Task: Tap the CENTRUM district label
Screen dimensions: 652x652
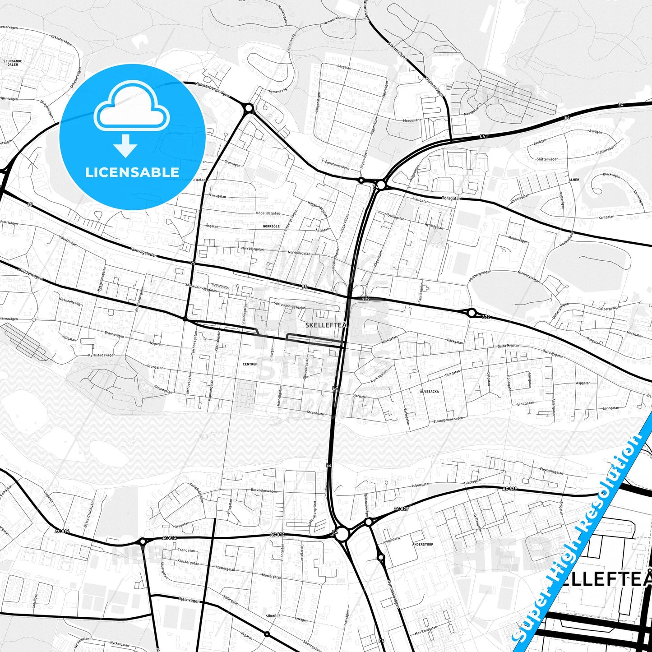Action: pyautogui.click(x=250, y=364)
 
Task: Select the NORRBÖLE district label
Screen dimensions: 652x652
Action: pyautogui.click(x=271, y=226)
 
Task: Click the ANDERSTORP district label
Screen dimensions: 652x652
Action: pyautogui.click(x=422, y=545)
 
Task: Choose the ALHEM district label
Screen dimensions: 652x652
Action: pyautogui.click(x=573, y=180)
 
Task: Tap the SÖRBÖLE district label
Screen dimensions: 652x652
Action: pyautogui.click(x=273, y=616)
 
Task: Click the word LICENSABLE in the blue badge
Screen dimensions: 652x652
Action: pyautogui.click(x=132, y=172)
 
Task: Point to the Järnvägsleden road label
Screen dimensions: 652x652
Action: pyautogui.click(x=143, y=252)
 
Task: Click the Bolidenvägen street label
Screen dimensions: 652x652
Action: pyautogui.click(x=31, y=274)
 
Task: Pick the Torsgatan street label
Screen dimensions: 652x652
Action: pyautogui.click(x=451, y=198)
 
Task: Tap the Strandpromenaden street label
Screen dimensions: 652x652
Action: pyautogui.click(x=448, y=420)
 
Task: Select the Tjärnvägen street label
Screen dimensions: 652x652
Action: pyautogui.click(x=189, y=600)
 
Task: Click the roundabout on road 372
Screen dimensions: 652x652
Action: pyautogui.click(x=472, y=313)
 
